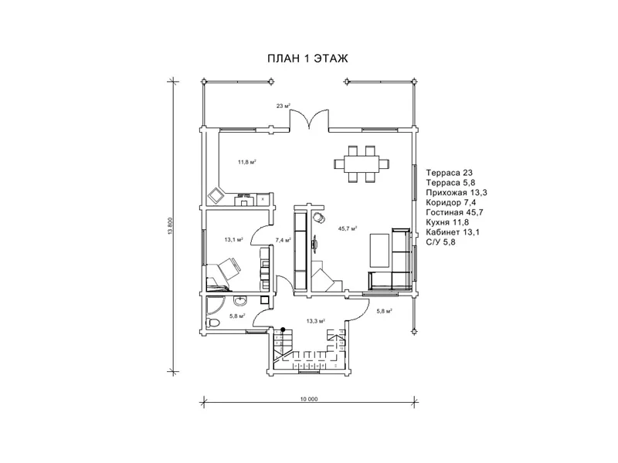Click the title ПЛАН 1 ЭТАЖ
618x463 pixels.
[307, 59]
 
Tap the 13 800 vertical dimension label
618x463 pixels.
[171, 227]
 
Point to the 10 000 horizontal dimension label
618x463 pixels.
[308, 399]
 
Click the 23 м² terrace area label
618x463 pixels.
[283, 106]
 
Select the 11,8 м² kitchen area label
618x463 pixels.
[247, 162]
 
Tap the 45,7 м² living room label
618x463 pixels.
[348, 228]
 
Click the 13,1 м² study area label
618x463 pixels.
[234, 239]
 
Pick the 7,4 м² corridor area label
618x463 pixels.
[283, 240]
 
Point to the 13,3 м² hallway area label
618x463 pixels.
[315, 321]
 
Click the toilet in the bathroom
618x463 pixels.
[212, 323]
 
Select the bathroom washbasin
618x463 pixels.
[240, 301]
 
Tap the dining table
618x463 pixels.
[362, 164]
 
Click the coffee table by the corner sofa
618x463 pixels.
[380, 250]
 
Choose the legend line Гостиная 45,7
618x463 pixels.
[454, 213]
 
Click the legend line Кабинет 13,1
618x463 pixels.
[453, 232]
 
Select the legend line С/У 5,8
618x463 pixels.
[440, 242]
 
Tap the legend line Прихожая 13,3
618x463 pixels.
[457, 192]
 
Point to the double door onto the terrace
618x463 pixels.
[310, 120]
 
